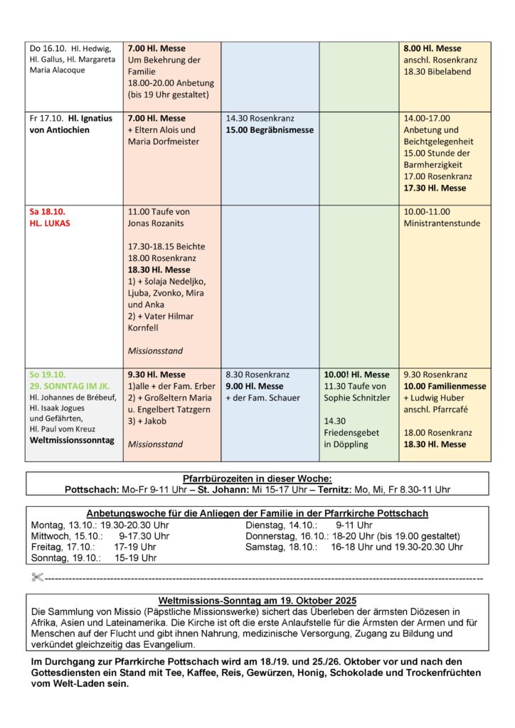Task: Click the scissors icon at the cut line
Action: point(37,577)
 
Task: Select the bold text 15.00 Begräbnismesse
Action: point(270,130)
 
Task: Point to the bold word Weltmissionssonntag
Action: point(71,440)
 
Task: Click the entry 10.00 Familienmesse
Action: point(445,386)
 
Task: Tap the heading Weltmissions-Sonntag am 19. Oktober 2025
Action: point(257,600)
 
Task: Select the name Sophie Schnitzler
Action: point(357,397)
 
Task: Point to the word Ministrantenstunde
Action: point(442,223)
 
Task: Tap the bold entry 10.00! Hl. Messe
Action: point(356,375)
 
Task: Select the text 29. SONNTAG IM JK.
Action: point(68,386)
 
